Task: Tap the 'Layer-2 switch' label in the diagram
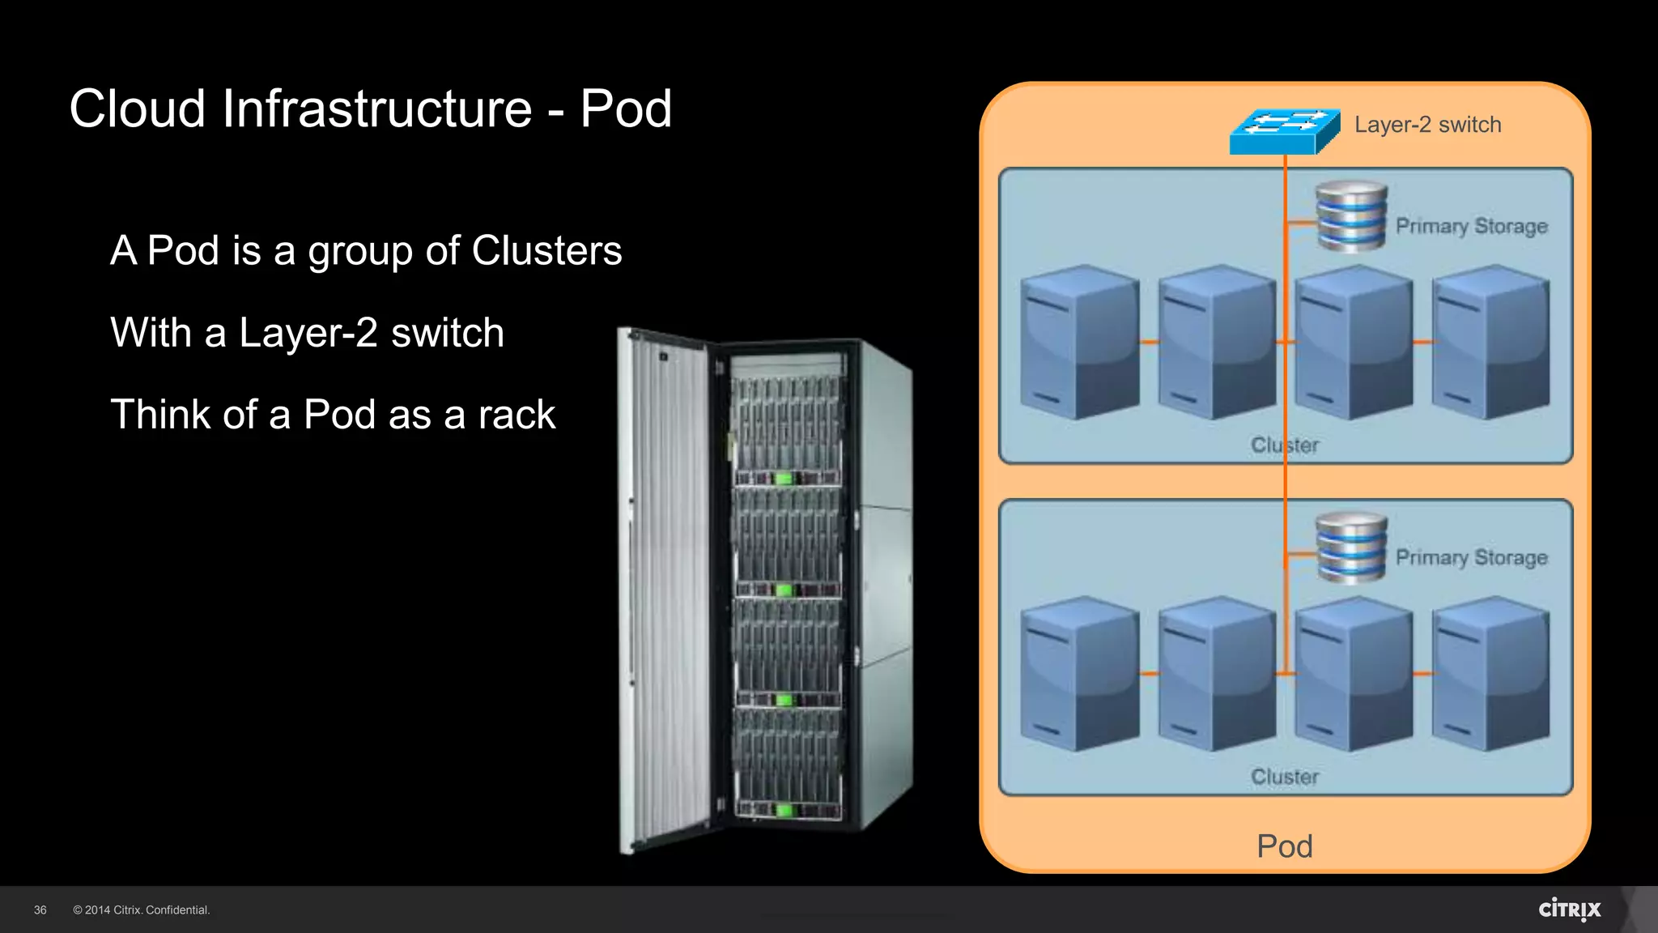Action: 1427,125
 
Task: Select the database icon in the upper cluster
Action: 1351,216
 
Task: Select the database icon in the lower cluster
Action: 1351,547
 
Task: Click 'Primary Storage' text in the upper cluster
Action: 1471,226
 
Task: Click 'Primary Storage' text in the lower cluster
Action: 1471,557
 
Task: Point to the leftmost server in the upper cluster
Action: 1079,342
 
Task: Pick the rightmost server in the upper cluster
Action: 1490,342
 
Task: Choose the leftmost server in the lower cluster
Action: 1079,673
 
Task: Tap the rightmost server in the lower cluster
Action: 1490,673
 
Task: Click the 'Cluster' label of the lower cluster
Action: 1285,777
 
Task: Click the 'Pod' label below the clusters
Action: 1285,846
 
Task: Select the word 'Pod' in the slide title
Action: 626,109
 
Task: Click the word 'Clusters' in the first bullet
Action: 546,250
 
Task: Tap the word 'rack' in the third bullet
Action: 517,415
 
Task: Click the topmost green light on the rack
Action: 783,479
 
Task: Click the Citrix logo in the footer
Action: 1569,910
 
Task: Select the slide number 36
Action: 40,910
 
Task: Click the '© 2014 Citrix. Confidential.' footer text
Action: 142,910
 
